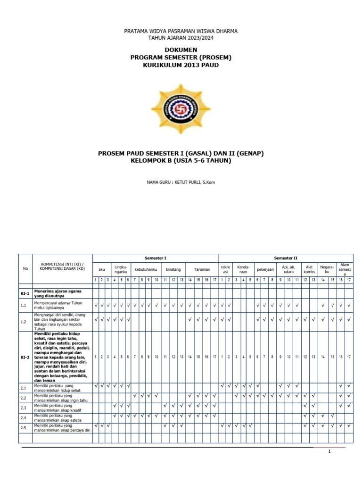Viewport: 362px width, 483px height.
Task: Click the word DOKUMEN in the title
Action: coord(181,50)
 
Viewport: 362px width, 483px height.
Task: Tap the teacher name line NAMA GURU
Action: coord(181,182)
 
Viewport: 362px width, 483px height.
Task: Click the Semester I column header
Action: coord(155,258)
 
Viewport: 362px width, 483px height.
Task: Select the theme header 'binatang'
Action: coord(170,269)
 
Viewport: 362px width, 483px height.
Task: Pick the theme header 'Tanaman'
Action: coord(202,269)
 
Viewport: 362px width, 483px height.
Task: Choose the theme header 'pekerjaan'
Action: coord(265,269)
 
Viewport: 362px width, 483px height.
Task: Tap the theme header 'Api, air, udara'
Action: coord(288,269)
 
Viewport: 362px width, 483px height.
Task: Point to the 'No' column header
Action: coord(25,269)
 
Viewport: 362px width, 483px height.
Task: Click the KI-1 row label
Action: coord(25,293)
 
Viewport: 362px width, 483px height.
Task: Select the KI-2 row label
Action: coord(25,357)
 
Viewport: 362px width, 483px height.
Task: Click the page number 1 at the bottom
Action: coord(330,451)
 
